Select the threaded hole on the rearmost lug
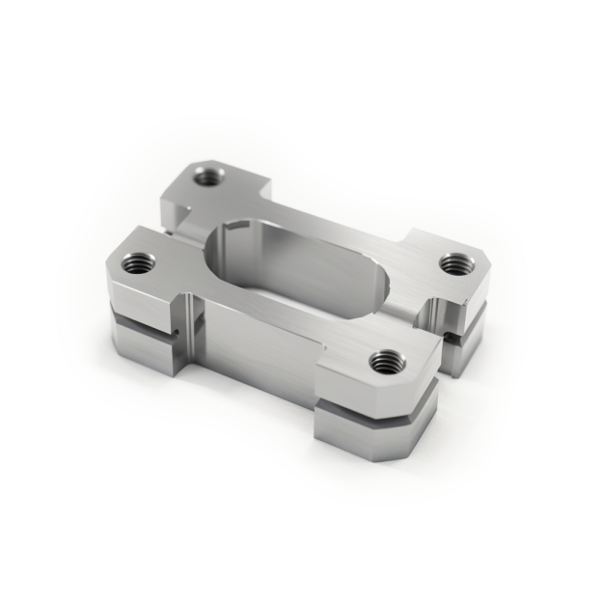207,176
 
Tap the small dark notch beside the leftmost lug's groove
179,335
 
